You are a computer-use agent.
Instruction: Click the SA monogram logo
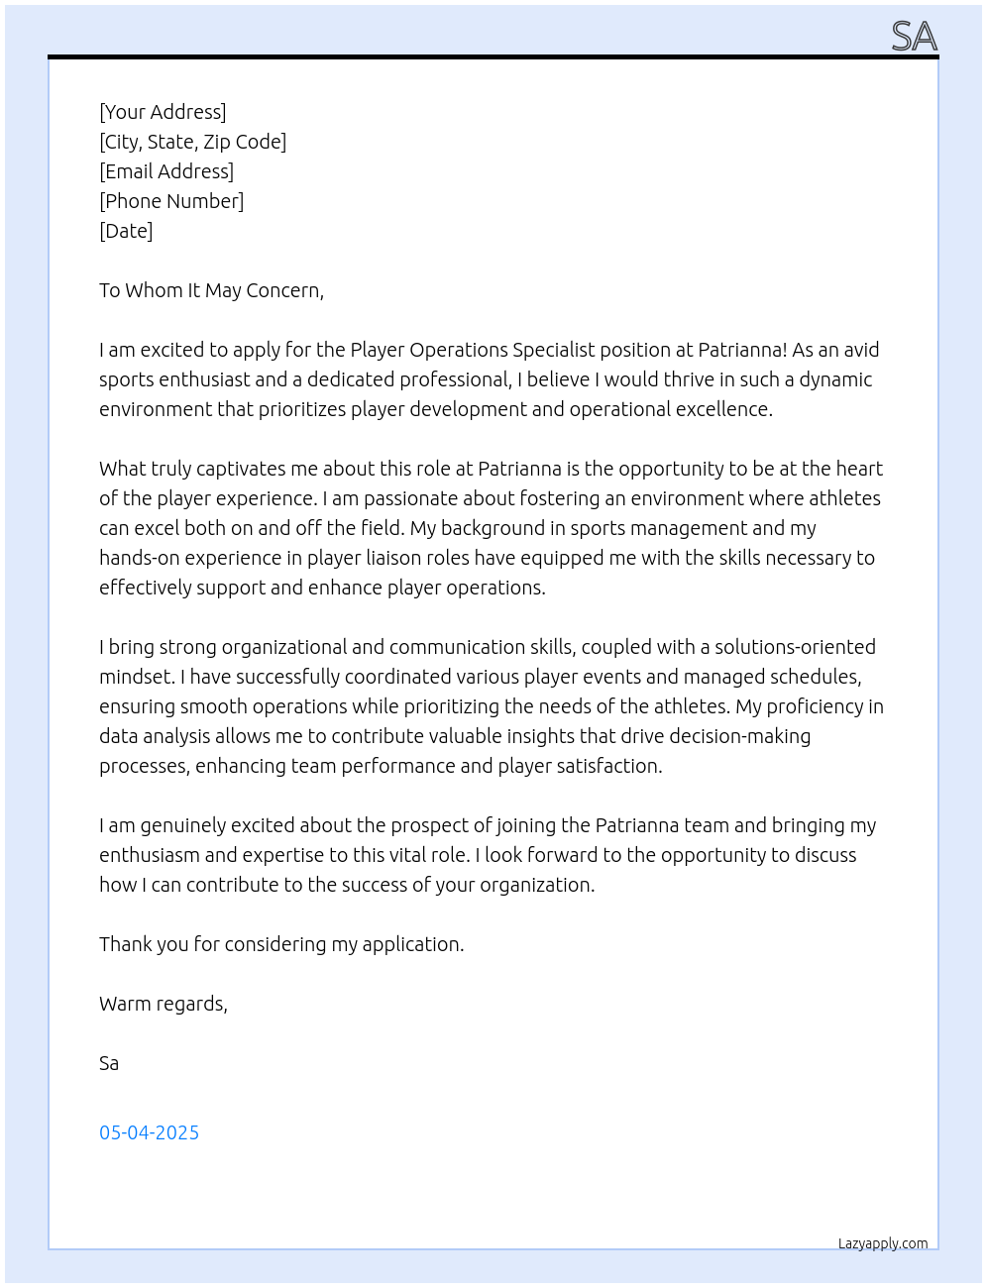pyautogui.click(x=914, y=37)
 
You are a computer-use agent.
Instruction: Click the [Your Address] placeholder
pyautogui.click(x=163, y=112)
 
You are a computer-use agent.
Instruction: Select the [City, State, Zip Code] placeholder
pyautogui.click(x=192, y=142)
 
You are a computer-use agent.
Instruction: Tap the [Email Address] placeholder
pyautogui.click(x=166, y=171)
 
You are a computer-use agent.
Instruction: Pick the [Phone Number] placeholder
pyautogui.click(x=171, y=201)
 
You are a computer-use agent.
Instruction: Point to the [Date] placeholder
pyautogui.click(x=126, y=231)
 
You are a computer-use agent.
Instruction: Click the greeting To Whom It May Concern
pyautogui.click(x=211, y=290)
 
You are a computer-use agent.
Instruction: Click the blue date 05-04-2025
pyautogui.click(x=149, y=1132)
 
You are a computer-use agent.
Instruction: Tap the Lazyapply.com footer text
pyautogui.click(x=883, y=1243)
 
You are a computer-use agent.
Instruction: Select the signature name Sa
pyautogui.click(x=109, y=1063)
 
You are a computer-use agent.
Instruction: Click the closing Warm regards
pyautogui.click(x=163, y=1004)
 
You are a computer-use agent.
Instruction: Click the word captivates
pyautogui.click(x=246, y=469)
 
